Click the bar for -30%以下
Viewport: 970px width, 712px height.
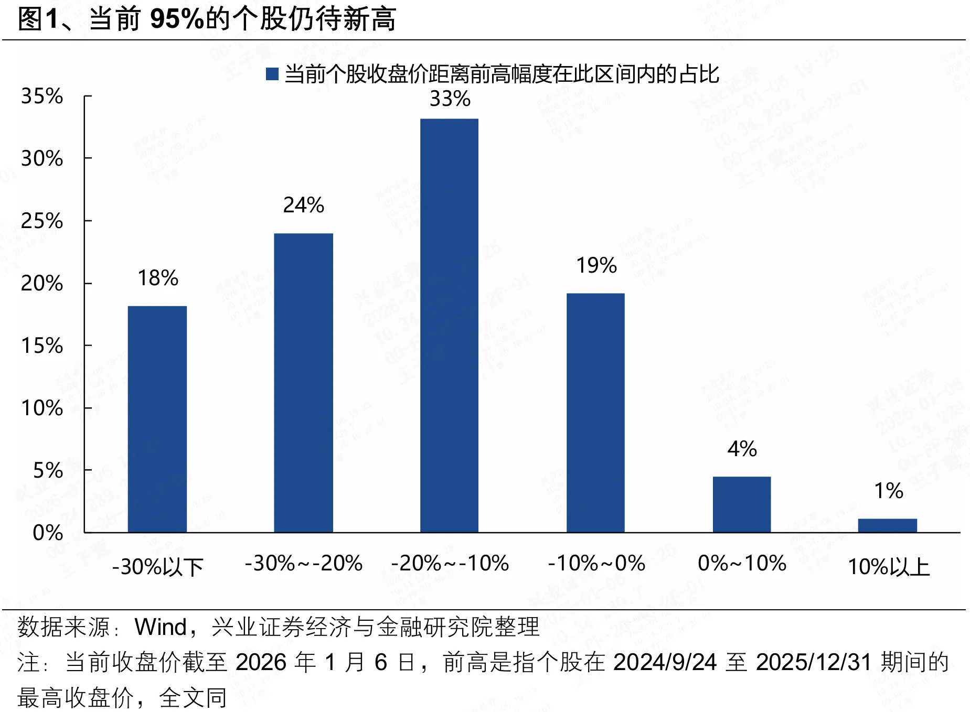[x=157, y=419]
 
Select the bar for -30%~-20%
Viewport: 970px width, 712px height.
[x=303, y=383]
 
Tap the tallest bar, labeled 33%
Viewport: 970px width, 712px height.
[x=449, y=325]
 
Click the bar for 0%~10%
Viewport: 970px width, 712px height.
[x=741, y=504]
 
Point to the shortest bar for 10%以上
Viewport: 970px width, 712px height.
[x=887, y=525]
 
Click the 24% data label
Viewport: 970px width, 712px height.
[x=303, y=205]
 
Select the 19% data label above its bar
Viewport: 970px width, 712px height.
[x=596, y=265]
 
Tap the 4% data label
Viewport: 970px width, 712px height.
[x=742, y=449]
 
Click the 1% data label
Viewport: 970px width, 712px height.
[x=888, y=491]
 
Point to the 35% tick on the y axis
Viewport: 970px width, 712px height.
[x=41, y=96]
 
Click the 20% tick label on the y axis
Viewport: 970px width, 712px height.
[x=41, y=283]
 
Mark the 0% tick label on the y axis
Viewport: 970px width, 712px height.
[x=47, y=533]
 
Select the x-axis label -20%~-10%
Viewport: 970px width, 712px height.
[x=450, y=564]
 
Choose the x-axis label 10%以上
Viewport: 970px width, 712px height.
[x=888, y=567]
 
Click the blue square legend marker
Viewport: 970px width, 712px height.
[x=272, y=74]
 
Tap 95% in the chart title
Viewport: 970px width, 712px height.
[x=176, y=19]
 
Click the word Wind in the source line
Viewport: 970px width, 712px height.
[x=161, y=627]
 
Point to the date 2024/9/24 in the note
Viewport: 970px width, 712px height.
[x=664, y=662]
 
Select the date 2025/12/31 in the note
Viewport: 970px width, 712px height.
[x=813, y=662]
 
